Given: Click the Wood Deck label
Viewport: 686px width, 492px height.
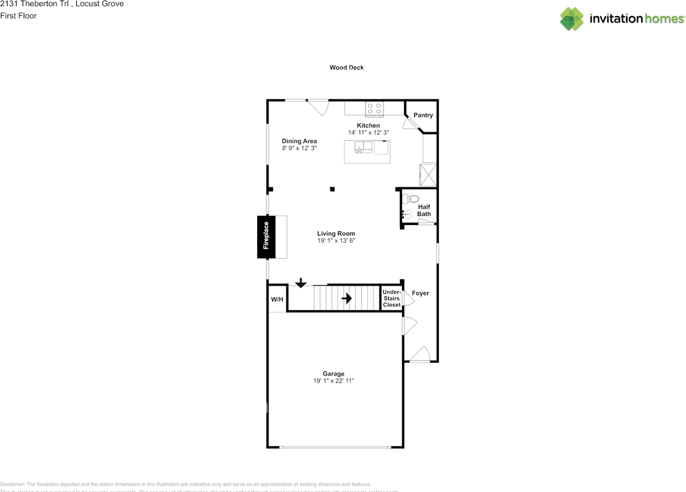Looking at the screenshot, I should pyautogui.click(x=346, y=68).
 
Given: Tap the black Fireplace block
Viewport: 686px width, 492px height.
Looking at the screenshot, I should pyautogui.click(x=266, y=237).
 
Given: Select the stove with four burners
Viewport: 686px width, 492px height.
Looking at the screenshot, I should pyautogui.click(x=375, y=109).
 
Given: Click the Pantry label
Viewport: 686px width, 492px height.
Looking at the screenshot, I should pyautogui.click(x=423, y=115).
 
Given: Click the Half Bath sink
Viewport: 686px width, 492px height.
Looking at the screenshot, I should pyautogui.click(x=406, y=214).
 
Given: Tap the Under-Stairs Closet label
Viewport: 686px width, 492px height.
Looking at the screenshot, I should pyautogui.click(x=392, y=299).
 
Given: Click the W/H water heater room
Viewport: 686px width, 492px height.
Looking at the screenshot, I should pyautogui.click(x=277, y=299).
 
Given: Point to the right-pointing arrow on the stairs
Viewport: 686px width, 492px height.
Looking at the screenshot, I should pyautogui.click(x=347, y=298).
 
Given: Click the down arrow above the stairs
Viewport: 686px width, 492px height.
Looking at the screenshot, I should pyautogui.click(x=301, y=282).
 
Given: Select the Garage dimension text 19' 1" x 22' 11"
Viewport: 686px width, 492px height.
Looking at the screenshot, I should pyautogui.click(x=334, y=381).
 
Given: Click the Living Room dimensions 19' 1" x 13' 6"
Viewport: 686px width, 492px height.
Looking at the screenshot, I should pyautogui.click(x=336, y=241).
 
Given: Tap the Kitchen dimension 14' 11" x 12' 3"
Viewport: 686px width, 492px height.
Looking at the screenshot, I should pyautogui.click(x=368, y=132).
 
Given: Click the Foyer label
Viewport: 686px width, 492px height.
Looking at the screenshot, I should pyautogui.click(x=420, y=293).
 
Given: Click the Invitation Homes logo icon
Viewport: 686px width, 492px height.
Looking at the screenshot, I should pyautogui.click(x=572, y=19).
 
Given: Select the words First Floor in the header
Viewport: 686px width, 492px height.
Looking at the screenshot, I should pyautogui.click(x=18, y=16).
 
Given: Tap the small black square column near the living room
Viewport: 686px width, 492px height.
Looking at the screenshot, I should pyautogui.click(x=332, y=189).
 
